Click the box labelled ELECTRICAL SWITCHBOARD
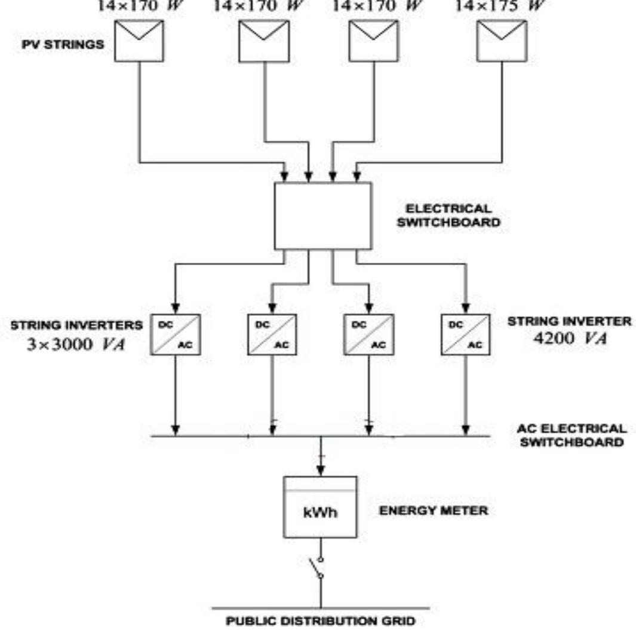pyautogui.click(x=322, y=216)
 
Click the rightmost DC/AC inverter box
pyautogui.click(x=465, y=335)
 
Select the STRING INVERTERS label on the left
pyautogui.click(x=76, y=325)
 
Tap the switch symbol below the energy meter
pyautogui.click(x=316, y=567)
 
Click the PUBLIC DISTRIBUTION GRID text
pyautogui.click(x=320, y=621)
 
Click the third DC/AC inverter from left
pyautogui.click(x=368, y=335)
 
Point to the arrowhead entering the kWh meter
pyautogui.click(x=321, y=469)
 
